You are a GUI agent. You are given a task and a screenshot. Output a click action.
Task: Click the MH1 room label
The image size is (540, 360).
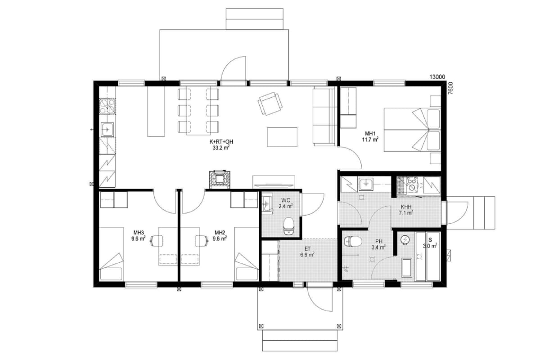click(370, 134)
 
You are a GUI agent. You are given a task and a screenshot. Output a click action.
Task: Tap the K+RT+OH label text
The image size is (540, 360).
click(221, 142)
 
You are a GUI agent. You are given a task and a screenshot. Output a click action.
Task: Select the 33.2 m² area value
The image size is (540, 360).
click(221, 148)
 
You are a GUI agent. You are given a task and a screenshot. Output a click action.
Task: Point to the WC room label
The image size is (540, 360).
click(286, 200)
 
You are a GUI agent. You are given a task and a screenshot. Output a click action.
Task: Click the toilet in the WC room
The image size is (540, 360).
click(288, 226)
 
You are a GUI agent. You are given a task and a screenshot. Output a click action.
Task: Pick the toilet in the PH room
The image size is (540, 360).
click(353, 241)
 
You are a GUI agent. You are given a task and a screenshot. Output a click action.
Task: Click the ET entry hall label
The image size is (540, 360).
click(308, 248)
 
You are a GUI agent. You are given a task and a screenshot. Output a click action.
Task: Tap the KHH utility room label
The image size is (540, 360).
click(406, 207)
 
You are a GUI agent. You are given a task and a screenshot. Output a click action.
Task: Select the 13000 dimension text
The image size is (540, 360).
click(437, 77)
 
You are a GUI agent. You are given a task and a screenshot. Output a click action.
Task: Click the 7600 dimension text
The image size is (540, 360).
click(450, 88)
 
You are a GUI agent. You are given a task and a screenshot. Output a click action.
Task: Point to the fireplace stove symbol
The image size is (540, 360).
click(220, 179)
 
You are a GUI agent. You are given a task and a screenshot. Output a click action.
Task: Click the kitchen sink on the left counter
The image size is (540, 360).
click(107, 130)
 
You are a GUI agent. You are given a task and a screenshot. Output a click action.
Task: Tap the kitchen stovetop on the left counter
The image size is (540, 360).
click(107, 106)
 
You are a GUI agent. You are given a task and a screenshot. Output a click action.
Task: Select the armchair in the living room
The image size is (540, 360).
click(270, 103)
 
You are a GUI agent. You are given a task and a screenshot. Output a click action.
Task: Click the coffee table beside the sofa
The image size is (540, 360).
click(282, 137)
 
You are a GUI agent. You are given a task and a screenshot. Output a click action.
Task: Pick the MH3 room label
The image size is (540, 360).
click(139, 233)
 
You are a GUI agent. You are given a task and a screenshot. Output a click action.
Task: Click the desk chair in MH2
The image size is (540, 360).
click(202, 241)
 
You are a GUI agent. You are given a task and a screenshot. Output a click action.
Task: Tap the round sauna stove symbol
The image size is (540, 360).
click(405, 240)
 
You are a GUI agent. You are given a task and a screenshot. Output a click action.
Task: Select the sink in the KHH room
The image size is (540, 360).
click(366, 185)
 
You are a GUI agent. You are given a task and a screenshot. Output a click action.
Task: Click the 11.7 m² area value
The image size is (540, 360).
click(370, 139)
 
